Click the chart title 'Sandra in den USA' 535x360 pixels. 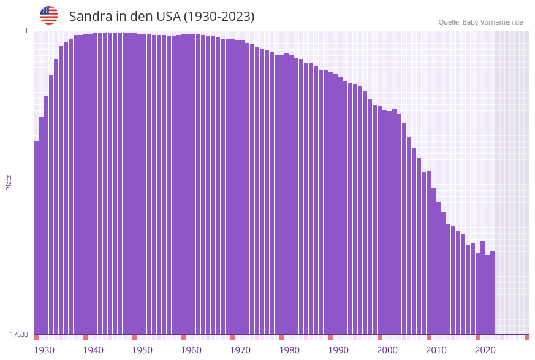162,17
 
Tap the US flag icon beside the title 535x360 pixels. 49,15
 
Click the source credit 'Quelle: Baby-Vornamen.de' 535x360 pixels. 480,22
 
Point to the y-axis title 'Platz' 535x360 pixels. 9,182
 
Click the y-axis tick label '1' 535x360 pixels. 26,31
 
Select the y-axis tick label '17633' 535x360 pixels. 19,334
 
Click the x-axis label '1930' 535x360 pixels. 44,350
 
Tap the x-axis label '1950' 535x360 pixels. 142,350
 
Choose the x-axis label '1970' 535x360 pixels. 240,350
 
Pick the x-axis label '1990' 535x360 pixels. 338,350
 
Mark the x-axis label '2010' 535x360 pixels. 436,350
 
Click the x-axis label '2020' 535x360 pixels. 485,350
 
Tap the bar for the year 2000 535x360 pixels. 380,221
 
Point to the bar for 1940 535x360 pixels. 86,184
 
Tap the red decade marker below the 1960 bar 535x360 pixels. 184,337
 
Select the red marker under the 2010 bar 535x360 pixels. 429,337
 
